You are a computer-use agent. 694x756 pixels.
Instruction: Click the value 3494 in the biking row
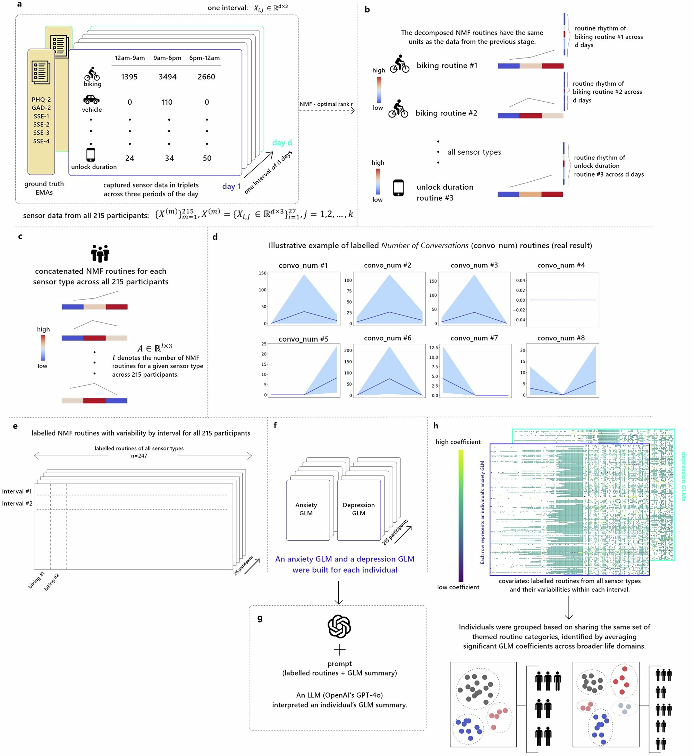click(x=168, y=77)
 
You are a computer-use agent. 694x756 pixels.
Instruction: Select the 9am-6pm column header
click(x=167, y=58)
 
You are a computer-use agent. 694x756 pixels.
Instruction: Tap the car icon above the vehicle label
click(x=91, y=100)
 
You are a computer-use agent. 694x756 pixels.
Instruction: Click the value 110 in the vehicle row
click(x=167, y=102)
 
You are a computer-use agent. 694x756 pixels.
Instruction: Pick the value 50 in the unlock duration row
click(x=207, y=158)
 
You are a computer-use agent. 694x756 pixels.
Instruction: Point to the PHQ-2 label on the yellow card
click(x=41, y=100)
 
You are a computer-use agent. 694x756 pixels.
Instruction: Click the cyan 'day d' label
click(x=282, y=143)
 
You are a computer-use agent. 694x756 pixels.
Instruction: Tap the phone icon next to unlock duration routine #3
click(x=398, y=188)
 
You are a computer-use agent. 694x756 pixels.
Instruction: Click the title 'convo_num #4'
click(x=561, y=265)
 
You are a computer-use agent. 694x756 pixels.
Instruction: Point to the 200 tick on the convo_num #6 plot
click(x=348, y=350)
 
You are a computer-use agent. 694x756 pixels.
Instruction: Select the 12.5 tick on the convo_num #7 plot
click(x=433, y=347)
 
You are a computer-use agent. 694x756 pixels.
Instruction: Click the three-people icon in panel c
click(x=100, y=254)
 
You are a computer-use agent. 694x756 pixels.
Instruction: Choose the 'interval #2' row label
click(x=17, y=504)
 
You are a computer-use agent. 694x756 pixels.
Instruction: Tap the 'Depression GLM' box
click(x=359, y=509)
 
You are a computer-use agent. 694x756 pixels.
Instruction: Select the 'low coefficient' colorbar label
click(x=458, y=587)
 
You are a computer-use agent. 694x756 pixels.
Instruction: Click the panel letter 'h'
click(x=435, y=425)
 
